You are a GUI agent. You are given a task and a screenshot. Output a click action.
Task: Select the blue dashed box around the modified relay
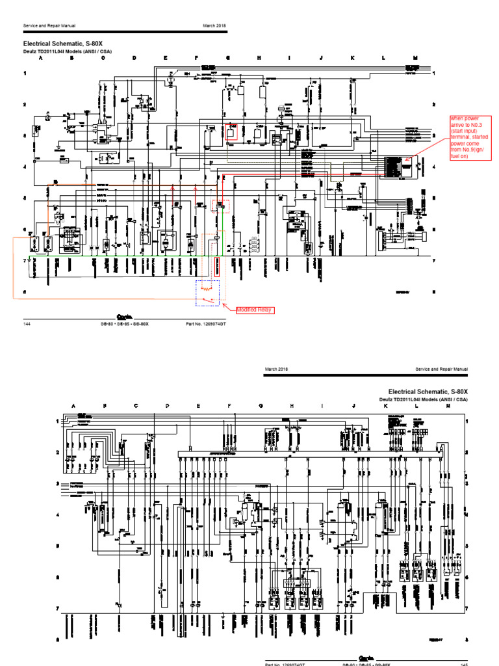(x=208, y=293)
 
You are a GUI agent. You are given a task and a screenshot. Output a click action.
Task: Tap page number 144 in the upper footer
(x=27, y=323)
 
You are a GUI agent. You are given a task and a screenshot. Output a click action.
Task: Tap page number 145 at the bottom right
(x=464, y=664)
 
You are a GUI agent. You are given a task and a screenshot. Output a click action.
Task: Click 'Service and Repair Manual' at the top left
(x=49, y=25)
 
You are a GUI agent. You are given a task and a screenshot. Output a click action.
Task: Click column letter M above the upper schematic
(x=415, y=58)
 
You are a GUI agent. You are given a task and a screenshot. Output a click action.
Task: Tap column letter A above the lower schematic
(x=73, y=405)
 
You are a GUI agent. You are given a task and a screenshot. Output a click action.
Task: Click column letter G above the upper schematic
(x=228, y=58)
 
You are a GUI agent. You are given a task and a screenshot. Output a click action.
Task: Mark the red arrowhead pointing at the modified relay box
(x=224, y=304)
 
